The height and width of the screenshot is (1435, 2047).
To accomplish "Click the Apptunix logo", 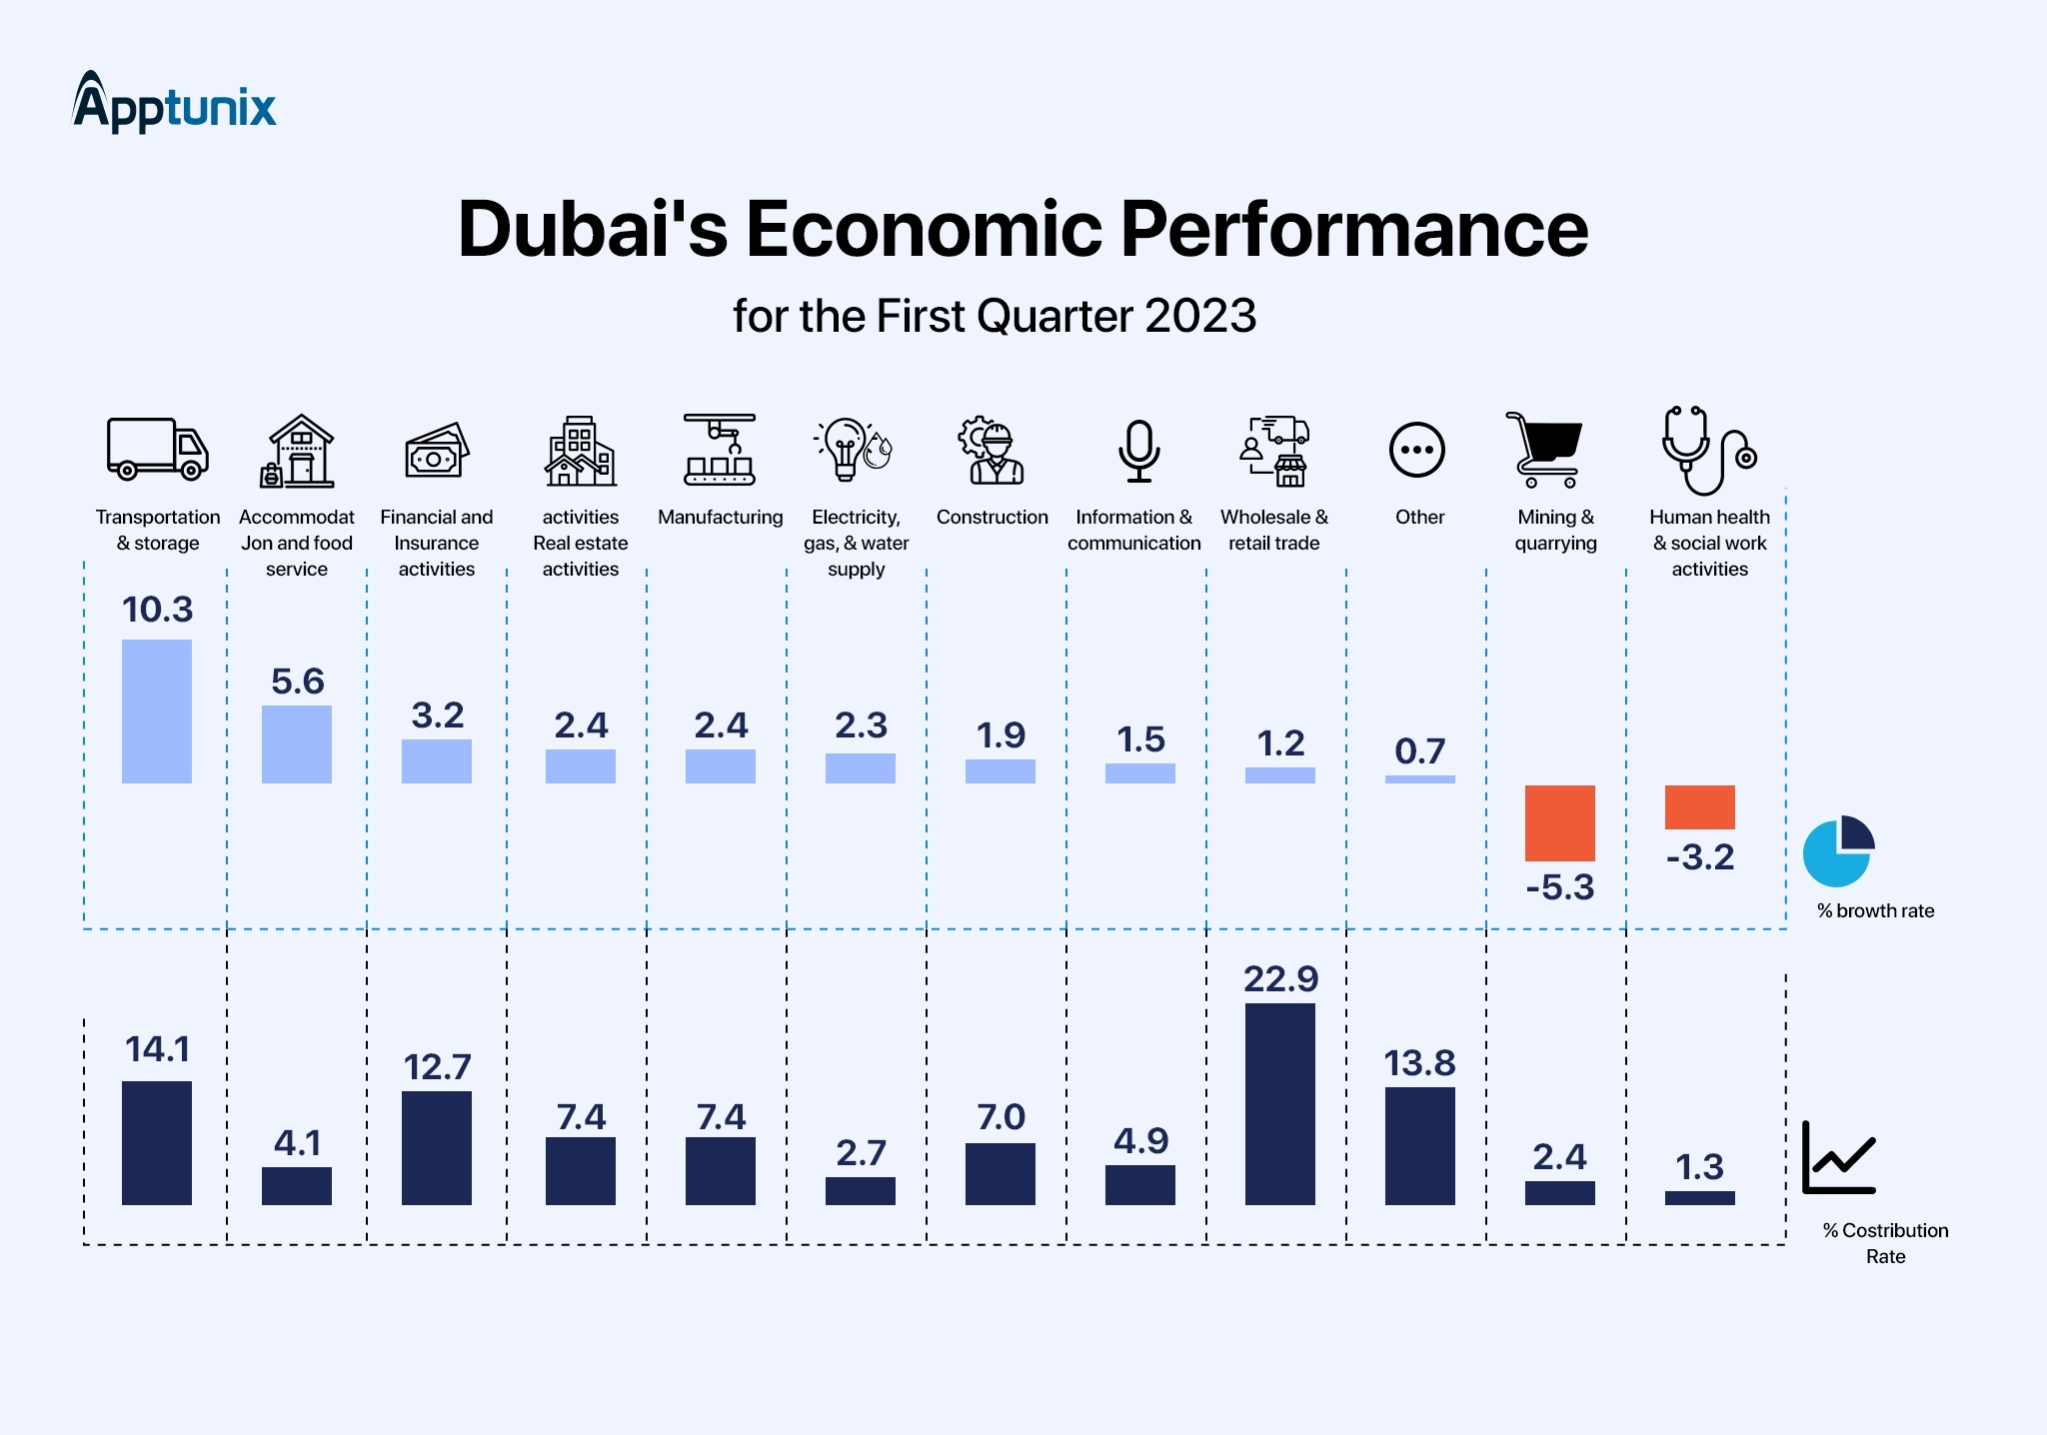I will tap(174, 103).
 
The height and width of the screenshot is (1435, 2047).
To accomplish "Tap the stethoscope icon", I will tap(1707, 450).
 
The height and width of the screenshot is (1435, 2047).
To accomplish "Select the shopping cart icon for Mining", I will tap(1545, 449).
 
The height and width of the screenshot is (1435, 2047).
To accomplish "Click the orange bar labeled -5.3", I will tap(1559, 822).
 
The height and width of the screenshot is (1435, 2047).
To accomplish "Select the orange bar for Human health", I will tap(1699, 806).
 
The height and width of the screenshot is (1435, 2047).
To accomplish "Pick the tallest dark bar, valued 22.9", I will tap(1279, 1103).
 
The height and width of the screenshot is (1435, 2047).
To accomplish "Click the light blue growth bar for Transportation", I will tap(157, 711).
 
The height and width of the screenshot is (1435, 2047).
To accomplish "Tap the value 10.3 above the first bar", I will tap(157, 610).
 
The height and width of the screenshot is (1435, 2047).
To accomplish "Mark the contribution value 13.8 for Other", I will tap(1419, 1063).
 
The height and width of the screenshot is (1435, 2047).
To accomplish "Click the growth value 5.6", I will tap(297, 682).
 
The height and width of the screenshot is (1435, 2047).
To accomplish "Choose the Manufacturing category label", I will tap(720, 517).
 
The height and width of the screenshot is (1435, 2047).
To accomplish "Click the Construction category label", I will tap(992, 517).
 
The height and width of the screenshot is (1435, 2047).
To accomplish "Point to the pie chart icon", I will tap(1838, 851).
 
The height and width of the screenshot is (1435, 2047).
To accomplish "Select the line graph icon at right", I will tap(1838, 1158).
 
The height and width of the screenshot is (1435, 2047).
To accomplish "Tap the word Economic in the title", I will tap(924, 229).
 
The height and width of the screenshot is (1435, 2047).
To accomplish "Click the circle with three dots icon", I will tap(1416, 450).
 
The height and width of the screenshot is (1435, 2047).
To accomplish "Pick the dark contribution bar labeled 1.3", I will tap(1699, 1197).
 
